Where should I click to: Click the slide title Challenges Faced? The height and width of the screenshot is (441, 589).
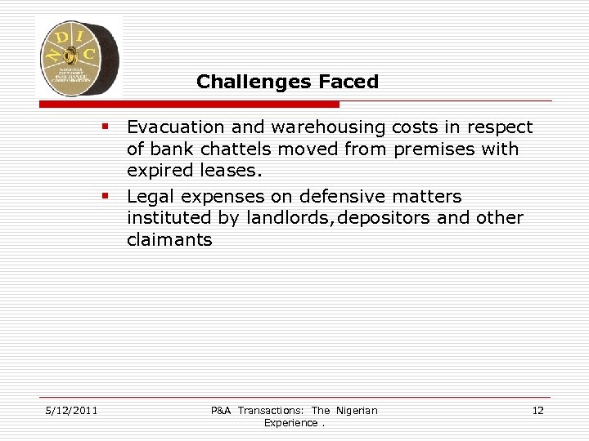pos(287,82)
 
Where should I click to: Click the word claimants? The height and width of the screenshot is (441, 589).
pos(169,240)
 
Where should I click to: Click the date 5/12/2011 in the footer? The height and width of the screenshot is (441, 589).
pos(71,410)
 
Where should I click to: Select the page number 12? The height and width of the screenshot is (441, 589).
pos(537,410)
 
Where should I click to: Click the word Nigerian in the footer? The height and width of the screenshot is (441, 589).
pos(356,410)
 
